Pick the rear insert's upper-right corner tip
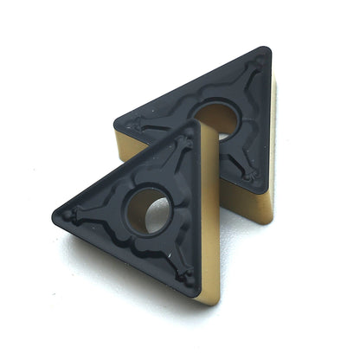click(x=265, y=51)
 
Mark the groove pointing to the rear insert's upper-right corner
click(x=254, y=71)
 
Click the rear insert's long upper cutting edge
click(x=190, y=83)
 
